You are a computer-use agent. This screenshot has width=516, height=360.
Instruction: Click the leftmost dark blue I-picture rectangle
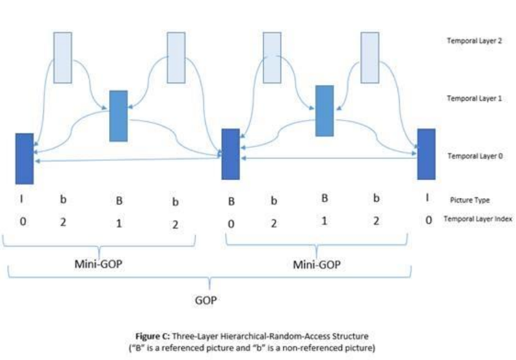pos(24,158)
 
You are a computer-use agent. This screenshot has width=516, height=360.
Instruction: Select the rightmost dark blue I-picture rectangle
pos(426,154)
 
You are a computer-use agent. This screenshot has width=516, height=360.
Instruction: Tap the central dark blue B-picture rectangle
pos(230,154)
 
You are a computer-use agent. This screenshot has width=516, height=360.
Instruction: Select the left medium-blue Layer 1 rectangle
pos(119,115)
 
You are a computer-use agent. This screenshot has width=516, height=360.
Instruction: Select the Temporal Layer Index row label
pos(478,219)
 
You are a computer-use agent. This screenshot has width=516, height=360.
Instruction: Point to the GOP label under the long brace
pos(206,300)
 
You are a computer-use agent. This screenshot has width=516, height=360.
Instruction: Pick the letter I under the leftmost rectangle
pos(23,199)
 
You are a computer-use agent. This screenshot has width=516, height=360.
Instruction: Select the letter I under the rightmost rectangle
pos(428,198)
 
